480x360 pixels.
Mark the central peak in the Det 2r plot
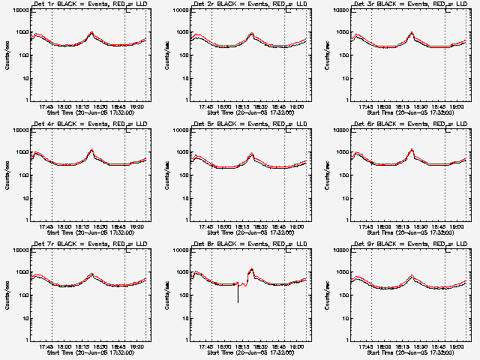pyautogui.click(x=252, y=33)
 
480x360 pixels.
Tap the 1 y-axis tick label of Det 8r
pyautogui.click(x=186, y=340)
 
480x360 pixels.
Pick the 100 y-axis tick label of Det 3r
pyautogui.click(x=340, y=55)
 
